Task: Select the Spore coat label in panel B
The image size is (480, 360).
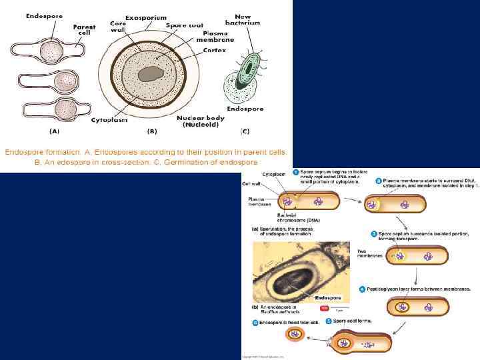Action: tap(185, 25)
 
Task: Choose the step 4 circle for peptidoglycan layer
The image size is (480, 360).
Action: tap(362, 289)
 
